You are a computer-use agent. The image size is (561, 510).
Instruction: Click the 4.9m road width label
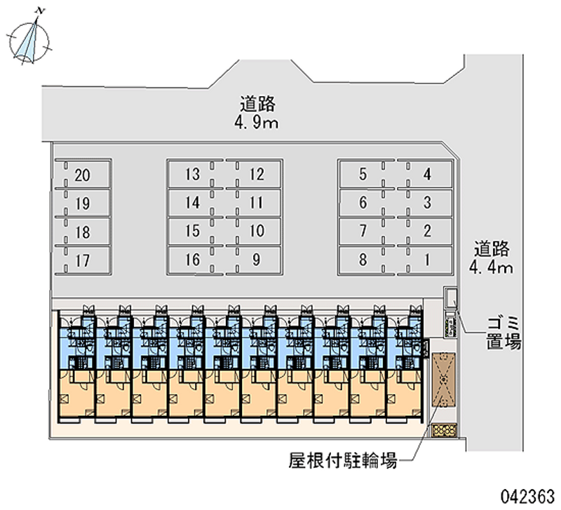click(256, 114)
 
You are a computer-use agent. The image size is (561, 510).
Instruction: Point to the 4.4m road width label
click(494, 257)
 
